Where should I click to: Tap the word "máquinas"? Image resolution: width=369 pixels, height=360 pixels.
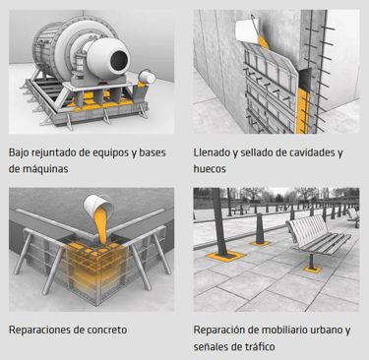pyautogui.click(x=45, y=169)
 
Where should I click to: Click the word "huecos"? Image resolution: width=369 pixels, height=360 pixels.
pyautogui.click(x=210, y=169)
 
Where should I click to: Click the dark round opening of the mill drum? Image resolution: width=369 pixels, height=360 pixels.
pyautogui.click(x=119, y=60)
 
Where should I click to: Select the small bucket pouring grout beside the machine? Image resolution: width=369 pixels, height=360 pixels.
pyautogui.click(x=147, y=78)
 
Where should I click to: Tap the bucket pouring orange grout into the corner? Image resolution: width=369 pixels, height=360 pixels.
pyautogui.click(x=97, y=205)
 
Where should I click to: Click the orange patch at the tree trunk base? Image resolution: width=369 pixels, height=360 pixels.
pyautogui.click(x=225, y=256)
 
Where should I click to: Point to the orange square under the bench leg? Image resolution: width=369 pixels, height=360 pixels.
pyautogui.click(x=312, y=270)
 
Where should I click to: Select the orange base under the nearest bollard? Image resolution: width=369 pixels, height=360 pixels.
pyautogui.click(x=261, y=244)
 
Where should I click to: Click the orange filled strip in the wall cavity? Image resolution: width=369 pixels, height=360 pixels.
pyautogui.click(x=303, y=111)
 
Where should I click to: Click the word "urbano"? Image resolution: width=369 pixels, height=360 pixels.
pyautogui.click(x=325, y=330)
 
